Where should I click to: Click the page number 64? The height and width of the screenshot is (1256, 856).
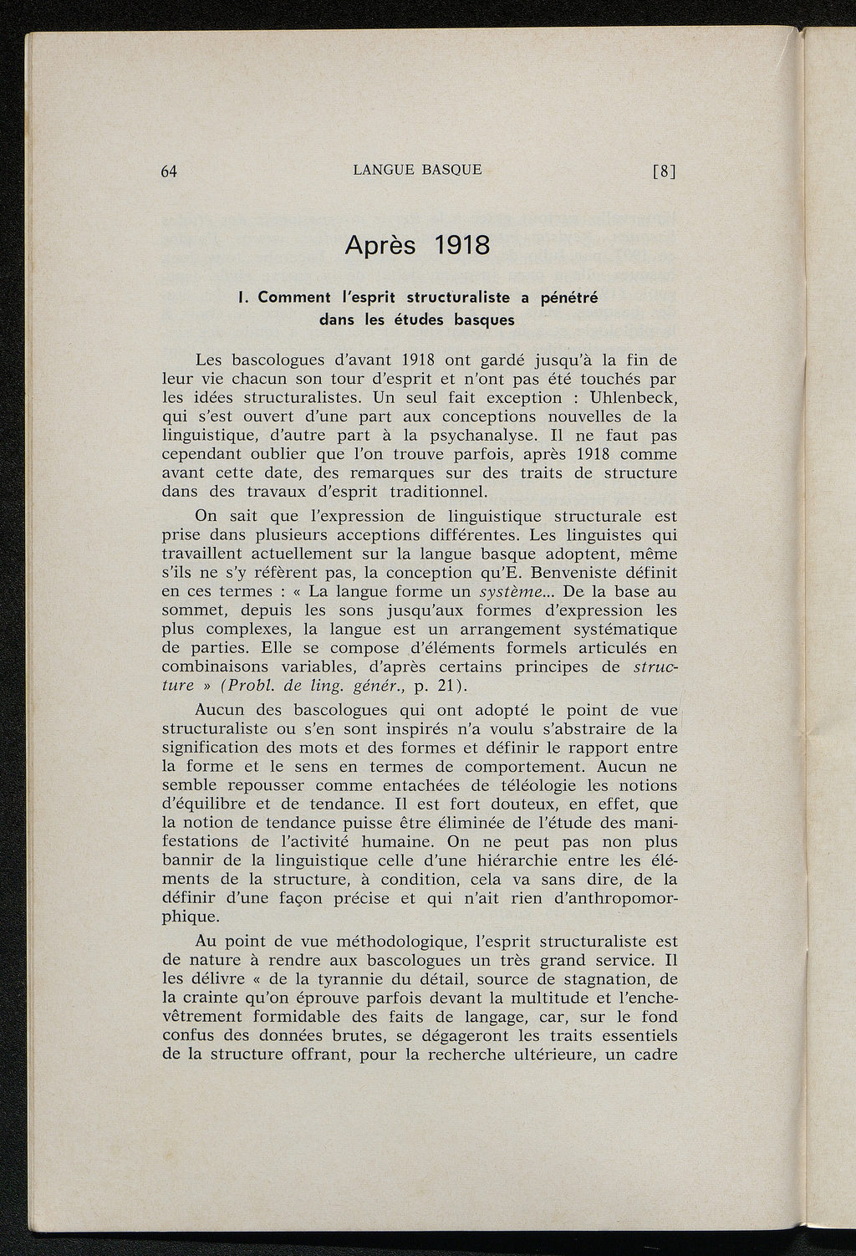tap(169, 171)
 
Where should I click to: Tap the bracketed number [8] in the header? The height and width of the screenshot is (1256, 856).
tap(663, 171)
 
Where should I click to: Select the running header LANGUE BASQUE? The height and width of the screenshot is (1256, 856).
tap(417, 170)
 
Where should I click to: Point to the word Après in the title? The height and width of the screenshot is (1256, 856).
tap(380, 247)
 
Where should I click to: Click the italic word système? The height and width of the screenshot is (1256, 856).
tap(512, 592)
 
